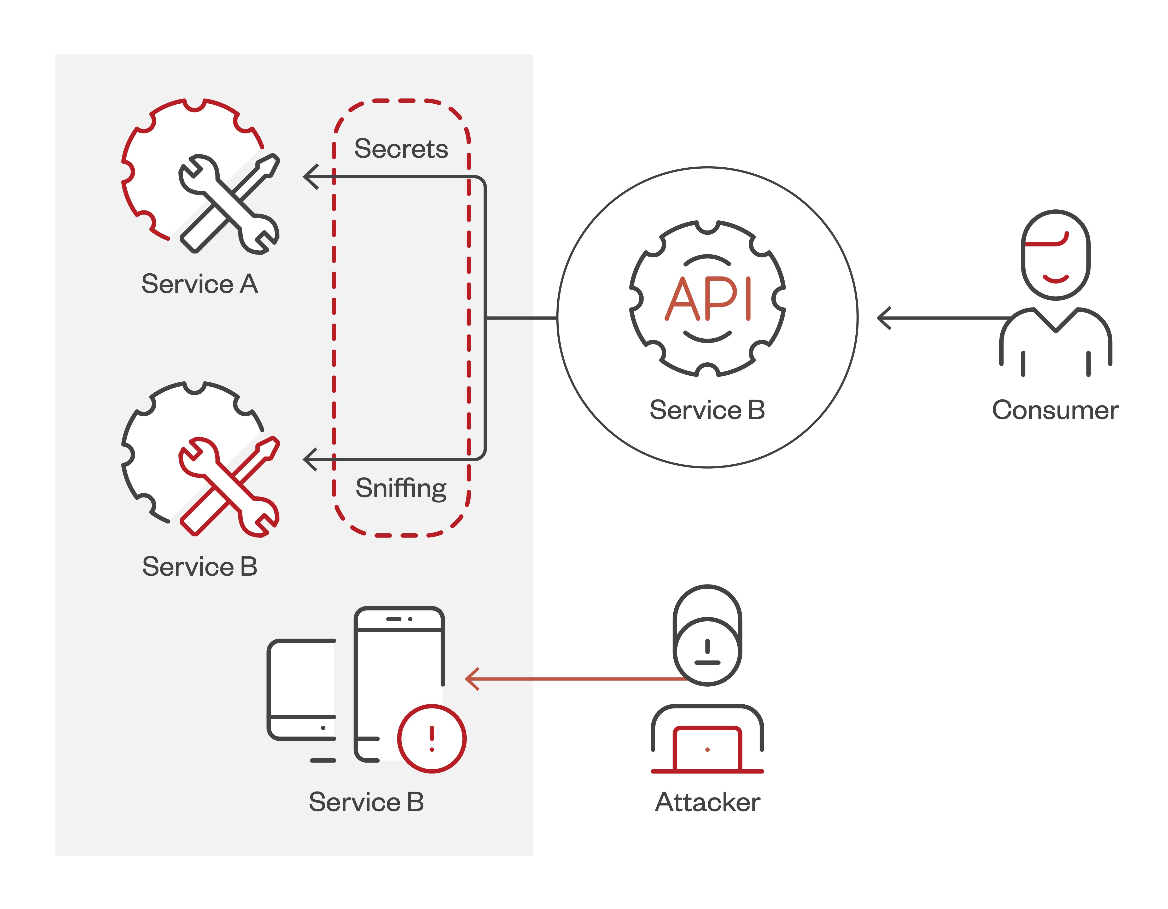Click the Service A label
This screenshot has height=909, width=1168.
coord(200,284)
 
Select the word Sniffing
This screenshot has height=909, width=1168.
coord(401,488)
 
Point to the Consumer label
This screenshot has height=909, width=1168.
coord(1055,410)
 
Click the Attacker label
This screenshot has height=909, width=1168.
coord(708,802)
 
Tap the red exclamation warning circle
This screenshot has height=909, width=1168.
coord(431,739)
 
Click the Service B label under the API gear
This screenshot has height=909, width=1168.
coord(707,410)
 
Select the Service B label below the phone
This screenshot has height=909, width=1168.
coord(366,802)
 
